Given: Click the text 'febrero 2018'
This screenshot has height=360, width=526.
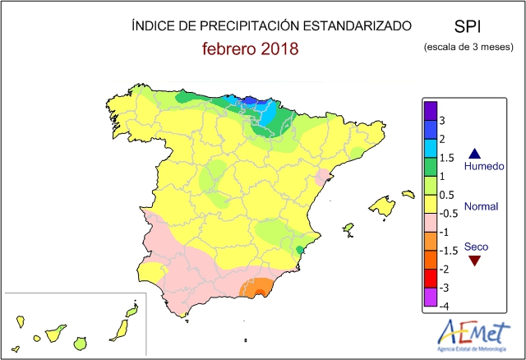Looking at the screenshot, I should (x=250, y=49).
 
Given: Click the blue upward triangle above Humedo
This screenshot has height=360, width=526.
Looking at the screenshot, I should (x=473, y=153).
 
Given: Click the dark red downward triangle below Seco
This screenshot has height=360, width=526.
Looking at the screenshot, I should (x=473, y=261).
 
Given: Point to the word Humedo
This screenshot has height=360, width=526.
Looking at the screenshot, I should (x=482, y=167).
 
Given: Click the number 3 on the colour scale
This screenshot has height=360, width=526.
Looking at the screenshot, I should (x=443, y=120).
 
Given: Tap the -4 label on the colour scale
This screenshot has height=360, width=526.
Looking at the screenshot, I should (x=444, y=306).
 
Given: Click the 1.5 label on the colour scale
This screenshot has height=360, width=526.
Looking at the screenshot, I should (x=445, y=158).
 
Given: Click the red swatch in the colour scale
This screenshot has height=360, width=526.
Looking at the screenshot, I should (x=429, y=279).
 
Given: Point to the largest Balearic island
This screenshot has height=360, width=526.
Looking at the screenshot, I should (x=382, y=205).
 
